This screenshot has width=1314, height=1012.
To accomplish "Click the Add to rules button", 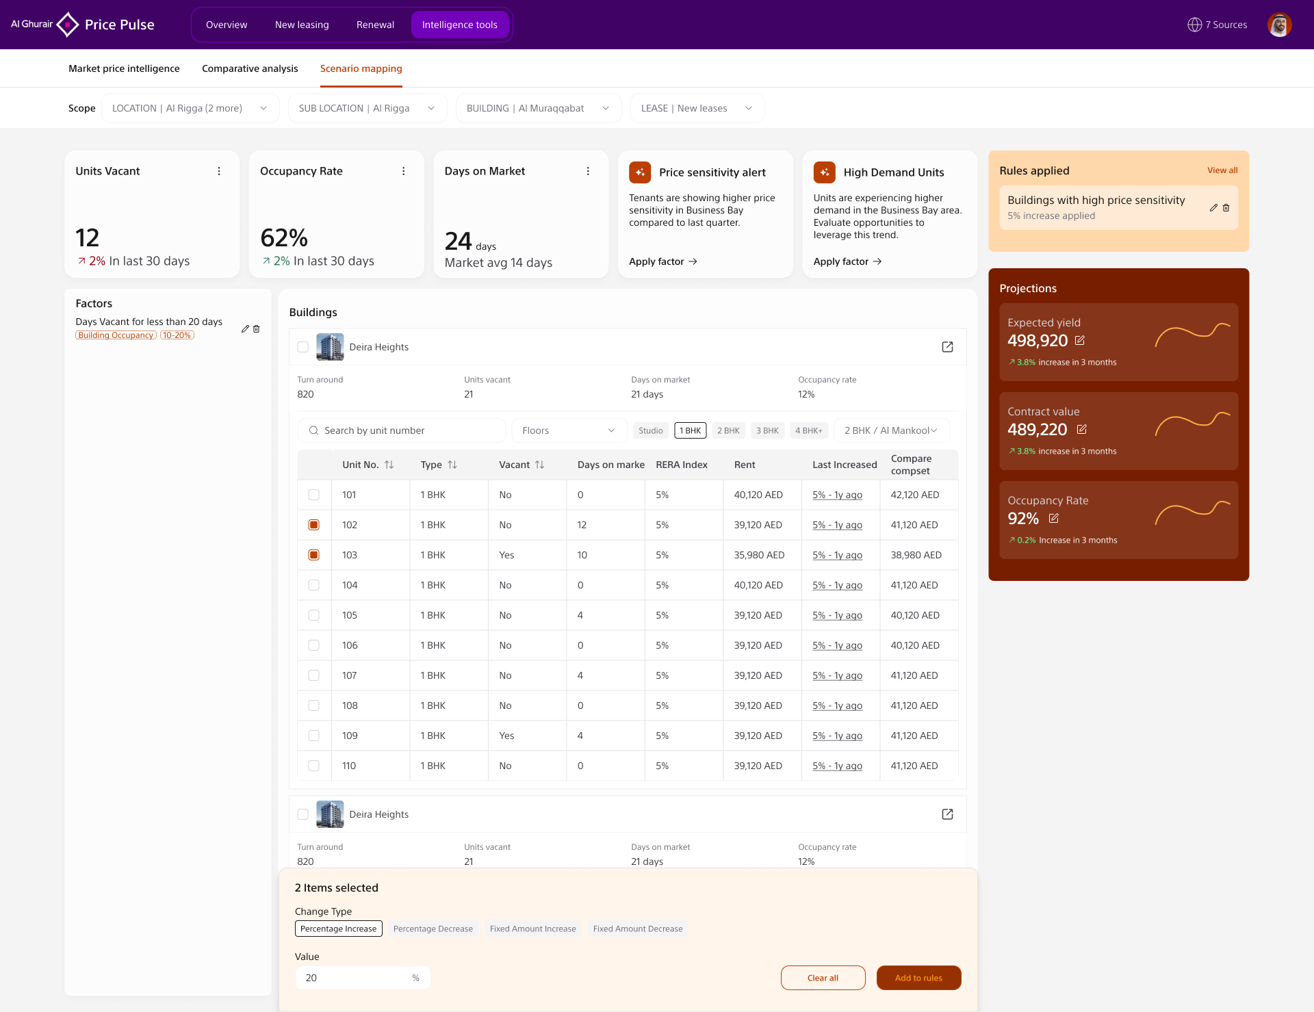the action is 918,978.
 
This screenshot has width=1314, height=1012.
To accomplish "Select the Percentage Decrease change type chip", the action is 433,929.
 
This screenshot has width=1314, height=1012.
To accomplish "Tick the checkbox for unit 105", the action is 313,615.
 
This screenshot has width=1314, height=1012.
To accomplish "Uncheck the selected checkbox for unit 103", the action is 313,555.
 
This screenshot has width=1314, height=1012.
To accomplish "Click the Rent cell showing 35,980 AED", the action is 759,555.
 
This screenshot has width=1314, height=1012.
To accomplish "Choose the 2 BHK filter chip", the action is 728,430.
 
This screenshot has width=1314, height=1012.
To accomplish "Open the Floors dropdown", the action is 569,430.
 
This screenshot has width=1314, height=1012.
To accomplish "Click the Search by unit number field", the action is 402,430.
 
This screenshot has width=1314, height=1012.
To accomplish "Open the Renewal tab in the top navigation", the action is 375,25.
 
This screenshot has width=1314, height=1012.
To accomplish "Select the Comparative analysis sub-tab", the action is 250,68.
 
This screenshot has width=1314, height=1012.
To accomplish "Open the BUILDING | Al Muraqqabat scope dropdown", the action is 539,108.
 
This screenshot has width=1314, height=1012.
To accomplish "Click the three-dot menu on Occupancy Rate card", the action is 404,171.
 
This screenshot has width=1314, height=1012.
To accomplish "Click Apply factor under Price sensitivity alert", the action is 663,261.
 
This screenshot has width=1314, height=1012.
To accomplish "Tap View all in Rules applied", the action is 1222,170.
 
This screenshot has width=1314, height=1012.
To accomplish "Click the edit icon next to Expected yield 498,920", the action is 1080,340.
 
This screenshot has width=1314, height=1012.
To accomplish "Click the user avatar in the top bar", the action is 1279,25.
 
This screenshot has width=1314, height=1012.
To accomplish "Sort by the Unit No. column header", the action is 368,465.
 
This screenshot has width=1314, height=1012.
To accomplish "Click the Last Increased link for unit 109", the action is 837,736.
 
